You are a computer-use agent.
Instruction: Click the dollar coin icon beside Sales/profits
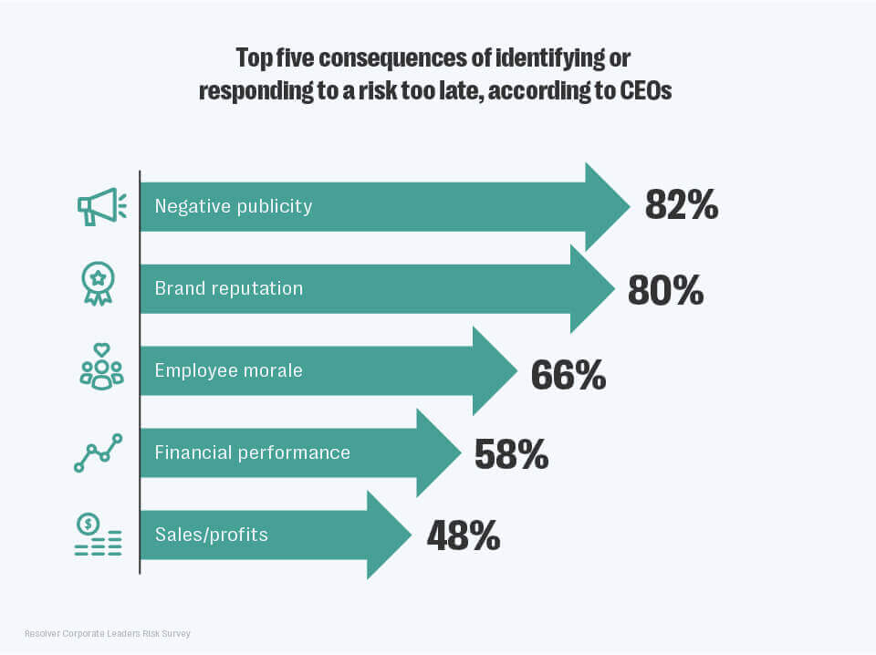[x=89, y=525]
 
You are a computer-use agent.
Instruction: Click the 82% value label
[x=682, y=206]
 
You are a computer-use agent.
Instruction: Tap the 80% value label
[x=665, y=288]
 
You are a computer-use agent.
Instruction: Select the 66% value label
[x=568, y=375]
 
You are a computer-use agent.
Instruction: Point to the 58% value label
[x=511, y=453]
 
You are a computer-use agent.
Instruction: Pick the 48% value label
[x=464, y=535]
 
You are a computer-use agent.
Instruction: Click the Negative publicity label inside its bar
[x=234, y=206]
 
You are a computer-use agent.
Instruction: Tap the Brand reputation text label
[x=228, y=288]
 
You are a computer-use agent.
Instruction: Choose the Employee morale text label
[x=228, y=370]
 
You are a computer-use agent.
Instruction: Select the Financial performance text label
[x=252, y=452]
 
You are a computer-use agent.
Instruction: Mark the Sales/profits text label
[x=212, y=535]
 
